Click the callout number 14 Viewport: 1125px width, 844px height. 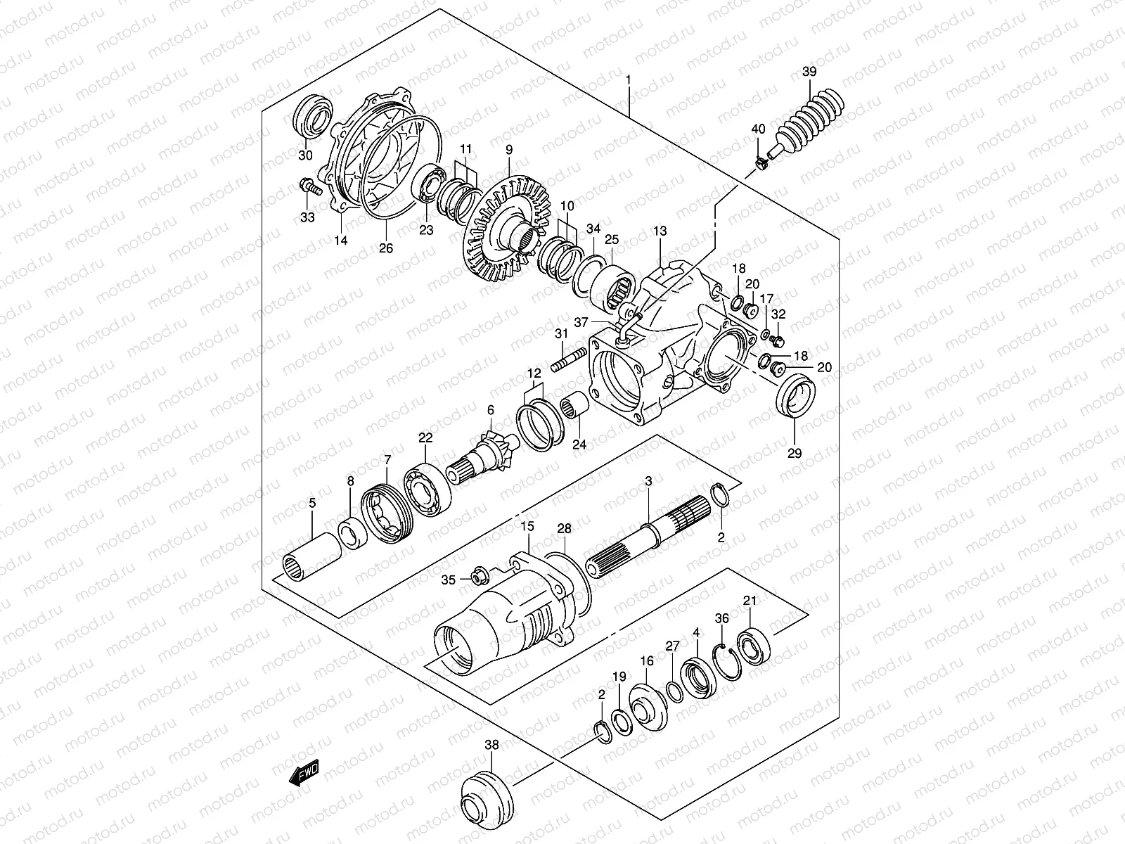point(340,241)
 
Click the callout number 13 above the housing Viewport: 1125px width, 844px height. point(660,230)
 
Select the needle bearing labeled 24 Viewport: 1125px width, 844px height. point(576,407)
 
